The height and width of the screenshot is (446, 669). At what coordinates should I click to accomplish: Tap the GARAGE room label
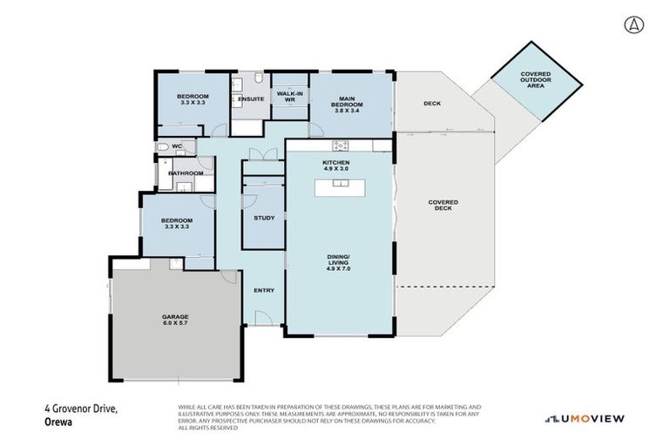(x=174, y=316)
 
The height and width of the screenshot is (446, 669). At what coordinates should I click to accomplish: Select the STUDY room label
(x=264, y=219)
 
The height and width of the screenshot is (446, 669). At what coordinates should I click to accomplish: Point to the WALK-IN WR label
(x=288, y=97)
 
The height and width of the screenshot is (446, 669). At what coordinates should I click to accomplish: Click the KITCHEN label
(x=335, y=163)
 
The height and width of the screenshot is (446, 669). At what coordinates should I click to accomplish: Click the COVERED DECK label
(x=443, y=206)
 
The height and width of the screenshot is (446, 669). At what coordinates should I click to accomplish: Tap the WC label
(x=177, y=146)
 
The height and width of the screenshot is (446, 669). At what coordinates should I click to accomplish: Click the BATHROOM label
(x=186, y=173)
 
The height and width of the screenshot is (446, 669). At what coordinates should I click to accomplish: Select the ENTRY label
(x=264, y=291)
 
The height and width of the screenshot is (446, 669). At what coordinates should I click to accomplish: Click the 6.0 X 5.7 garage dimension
(x=174, y=322)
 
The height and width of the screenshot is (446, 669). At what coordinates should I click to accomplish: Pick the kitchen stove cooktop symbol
(x=341, y=145)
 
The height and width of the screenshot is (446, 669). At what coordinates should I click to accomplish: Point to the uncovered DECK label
(x=432, y=104)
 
